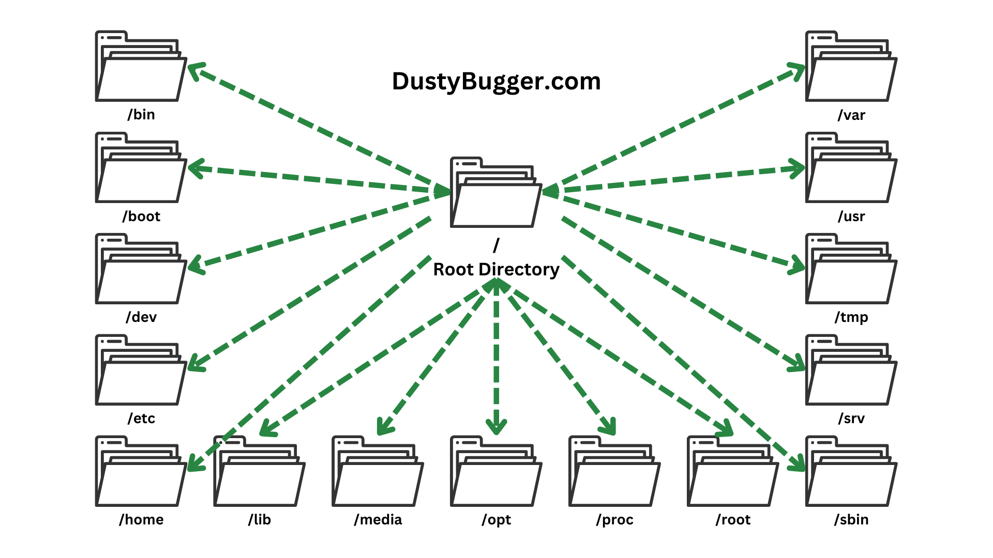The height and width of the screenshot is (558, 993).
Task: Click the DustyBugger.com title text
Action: coord(496,82)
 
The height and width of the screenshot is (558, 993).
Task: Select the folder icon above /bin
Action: coord(141,67)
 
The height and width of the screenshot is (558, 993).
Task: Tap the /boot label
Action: coord(141,216)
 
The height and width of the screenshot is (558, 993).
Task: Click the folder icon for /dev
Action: coord(141,270)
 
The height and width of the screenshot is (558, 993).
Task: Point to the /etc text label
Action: coord(141,418)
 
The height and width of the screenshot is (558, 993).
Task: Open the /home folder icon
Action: coord(141,472)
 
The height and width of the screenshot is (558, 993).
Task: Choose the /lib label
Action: coord(259,519)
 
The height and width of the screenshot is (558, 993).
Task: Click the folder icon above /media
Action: coord(378,472)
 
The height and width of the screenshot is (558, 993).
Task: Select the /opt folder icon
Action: coord(496,472)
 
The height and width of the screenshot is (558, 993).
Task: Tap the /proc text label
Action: coord(614,519)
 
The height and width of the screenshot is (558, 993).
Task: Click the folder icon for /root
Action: coord(733,472)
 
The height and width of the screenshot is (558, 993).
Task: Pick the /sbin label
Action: coord(851,519)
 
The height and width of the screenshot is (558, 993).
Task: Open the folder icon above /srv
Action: coord(851,371)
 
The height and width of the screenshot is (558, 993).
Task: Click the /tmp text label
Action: coord(851,317)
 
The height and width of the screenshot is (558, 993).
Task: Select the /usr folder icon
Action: coord(851,168)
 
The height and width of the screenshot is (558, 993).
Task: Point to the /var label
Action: coord(851,115)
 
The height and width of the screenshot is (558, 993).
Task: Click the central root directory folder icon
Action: coord(496,193)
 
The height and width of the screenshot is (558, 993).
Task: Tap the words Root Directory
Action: coord(496,269)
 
